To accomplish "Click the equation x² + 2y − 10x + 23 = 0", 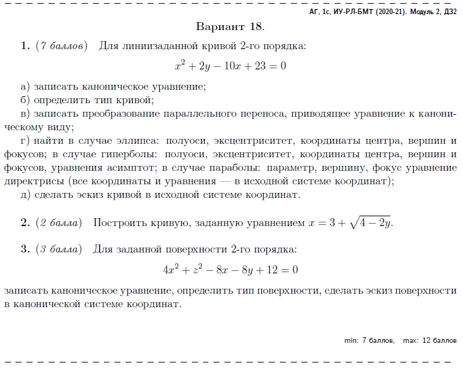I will (231, 65).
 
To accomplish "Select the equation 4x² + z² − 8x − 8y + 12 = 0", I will (231, 269).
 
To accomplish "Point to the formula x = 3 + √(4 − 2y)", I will (350, 223).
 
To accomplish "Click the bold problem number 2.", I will (25, 223).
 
